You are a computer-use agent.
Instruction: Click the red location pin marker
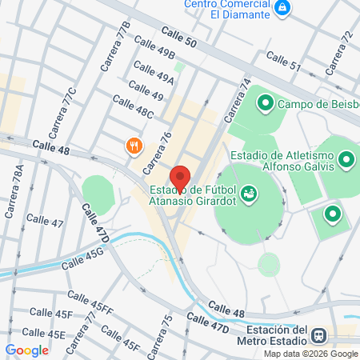pyautogui.click(x=180, y=178)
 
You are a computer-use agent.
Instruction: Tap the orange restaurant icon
pyautogui.click(x=133, y=146)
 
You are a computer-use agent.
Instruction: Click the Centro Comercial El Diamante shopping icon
pyautogui.click(x=282, y=8)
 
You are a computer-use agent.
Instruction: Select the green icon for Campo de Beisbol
pyautogui.click(x=266, y=103)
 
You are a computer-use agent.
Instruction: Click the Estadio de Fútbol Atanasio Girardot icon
pyautogui.click(x=250, y=193)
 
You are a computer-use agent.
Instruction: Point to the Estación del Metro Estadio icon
pyautogui.click(x=320, y=336)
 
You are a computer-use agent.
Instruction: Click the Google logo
pyautogui.click(x=26, y=350)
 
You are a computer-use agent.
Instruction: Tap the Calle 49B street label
pyautogui.click(x=154, y=51)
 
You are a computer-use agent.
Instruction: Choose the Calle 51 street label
pyautogui.click(x=283, y=61)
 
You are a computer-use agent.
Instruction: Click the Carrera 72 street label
pyautogui.click(x=340, y=48)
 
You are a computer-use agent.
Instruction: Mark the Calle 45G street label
pyautogui.click(x=84, y=255)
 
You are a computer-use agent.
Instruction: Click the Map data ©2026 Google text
pyautogui.click(x=311, y=354)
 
